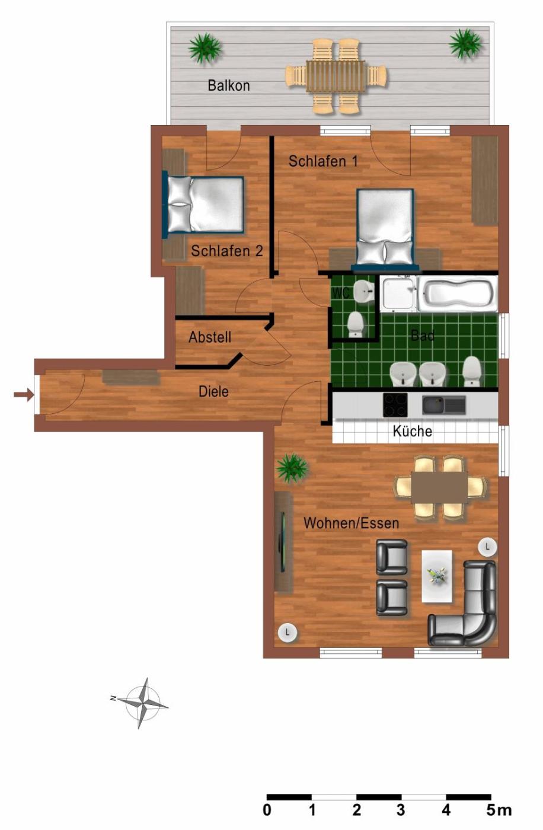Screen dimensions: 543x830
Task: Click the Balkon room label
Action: (229, 85)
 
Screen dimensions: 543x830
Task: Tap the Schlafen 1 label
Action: (323, 161)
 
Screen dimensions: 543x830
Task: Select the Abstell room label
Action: (210, 337)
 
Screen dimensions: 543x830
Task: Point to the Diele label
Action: (213, 392)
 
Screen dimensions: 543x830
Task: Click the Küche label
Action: (412, 431)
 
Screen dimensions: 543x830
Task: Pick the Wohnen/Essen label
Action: (351, 523)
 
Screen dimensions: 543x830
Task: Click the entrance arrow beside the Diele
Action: (24, 395)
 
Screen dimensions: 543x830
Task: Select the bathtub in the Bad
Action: (458, 294)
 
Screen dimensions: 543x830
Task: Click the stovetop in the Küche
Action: (395, 404)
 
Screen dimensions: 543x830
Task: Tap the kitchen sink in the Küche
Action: (444, 404)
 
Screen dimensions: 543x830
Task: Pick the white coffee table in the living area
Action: (437, 576)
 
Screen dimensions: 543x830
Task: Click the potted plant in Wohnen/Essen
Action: (292, 468)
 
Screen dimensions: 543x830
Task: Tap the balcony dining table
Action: (336, 76)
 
